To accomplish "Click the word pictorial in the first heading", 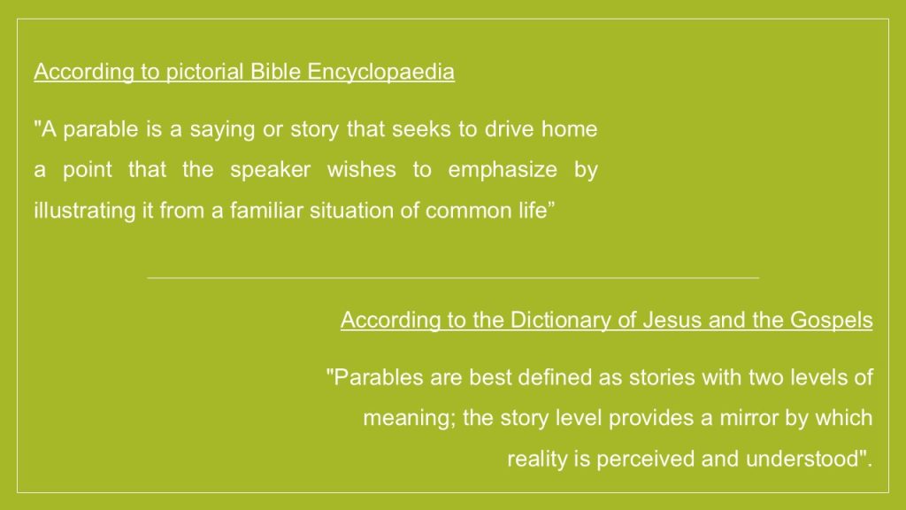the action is (x=204, y=73).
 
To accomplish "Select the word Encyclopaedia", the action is (x=380, y=73).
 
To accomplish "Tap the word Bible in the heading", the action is (x=276, y=72).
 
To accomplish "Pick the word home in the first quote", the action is (x=569, y=129).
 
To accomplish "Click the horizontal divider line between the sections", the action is (x=453, y=278).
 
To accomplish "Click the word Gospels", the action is (x=831, y=321).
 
